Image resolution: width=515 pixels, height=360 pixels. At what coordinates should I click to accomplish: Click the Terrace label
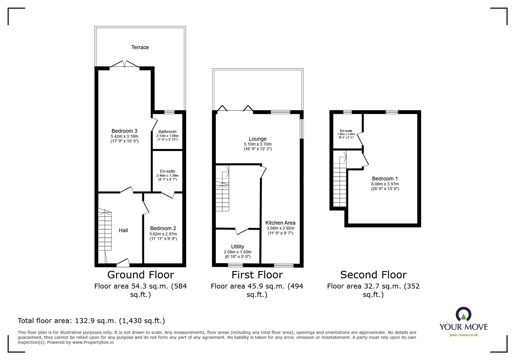(x=140, y=47)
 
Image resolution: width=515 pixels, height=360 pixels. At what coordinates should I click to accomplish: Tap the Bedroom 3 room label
(x=124, y=131)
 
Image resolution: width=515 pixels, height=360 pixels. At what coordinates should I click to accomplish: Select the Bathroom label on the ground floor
(x=167, y=132)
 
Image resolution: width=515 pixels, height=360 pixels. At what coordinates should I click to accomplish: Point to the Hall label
(x=123, y=230)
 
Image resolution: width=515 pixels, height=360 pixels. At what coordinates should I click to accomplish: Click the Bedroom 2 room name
(x=163, y=228)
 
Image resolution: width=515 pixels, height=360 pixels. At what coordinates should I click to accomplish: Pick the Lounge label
(x=258, y=139)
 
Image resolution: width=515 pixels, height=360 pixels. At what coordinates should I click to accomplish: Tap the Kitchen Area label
(x=280, y=223)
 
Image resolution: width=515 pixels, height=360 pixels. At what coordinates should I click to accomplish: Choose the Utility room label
(x=238, y=247)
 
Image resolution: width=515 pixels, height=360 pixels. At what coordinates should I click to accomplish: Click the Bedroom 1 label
(x=385, y=179)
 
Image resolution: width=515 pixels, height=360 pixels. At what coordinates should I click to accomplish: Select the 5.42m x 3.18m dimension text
(x=124, y=136)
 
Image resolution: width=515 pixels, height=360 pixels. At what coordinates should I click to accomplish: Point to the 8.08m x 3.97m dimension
(x=385, y=184)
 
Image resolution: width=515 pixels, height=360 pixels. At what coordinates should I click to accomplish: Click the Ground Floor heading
(x=141, y=275)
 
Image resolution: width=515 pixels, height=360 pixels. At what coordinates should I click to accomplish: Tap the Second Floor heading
(x=373, y=275)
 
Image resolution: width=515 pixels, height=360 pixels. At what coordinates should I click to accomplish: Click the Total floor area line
(x=91, y=321)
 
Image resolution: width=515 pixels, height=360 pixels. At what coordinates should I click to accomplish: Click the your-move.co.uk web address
(x=464, y=335)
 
